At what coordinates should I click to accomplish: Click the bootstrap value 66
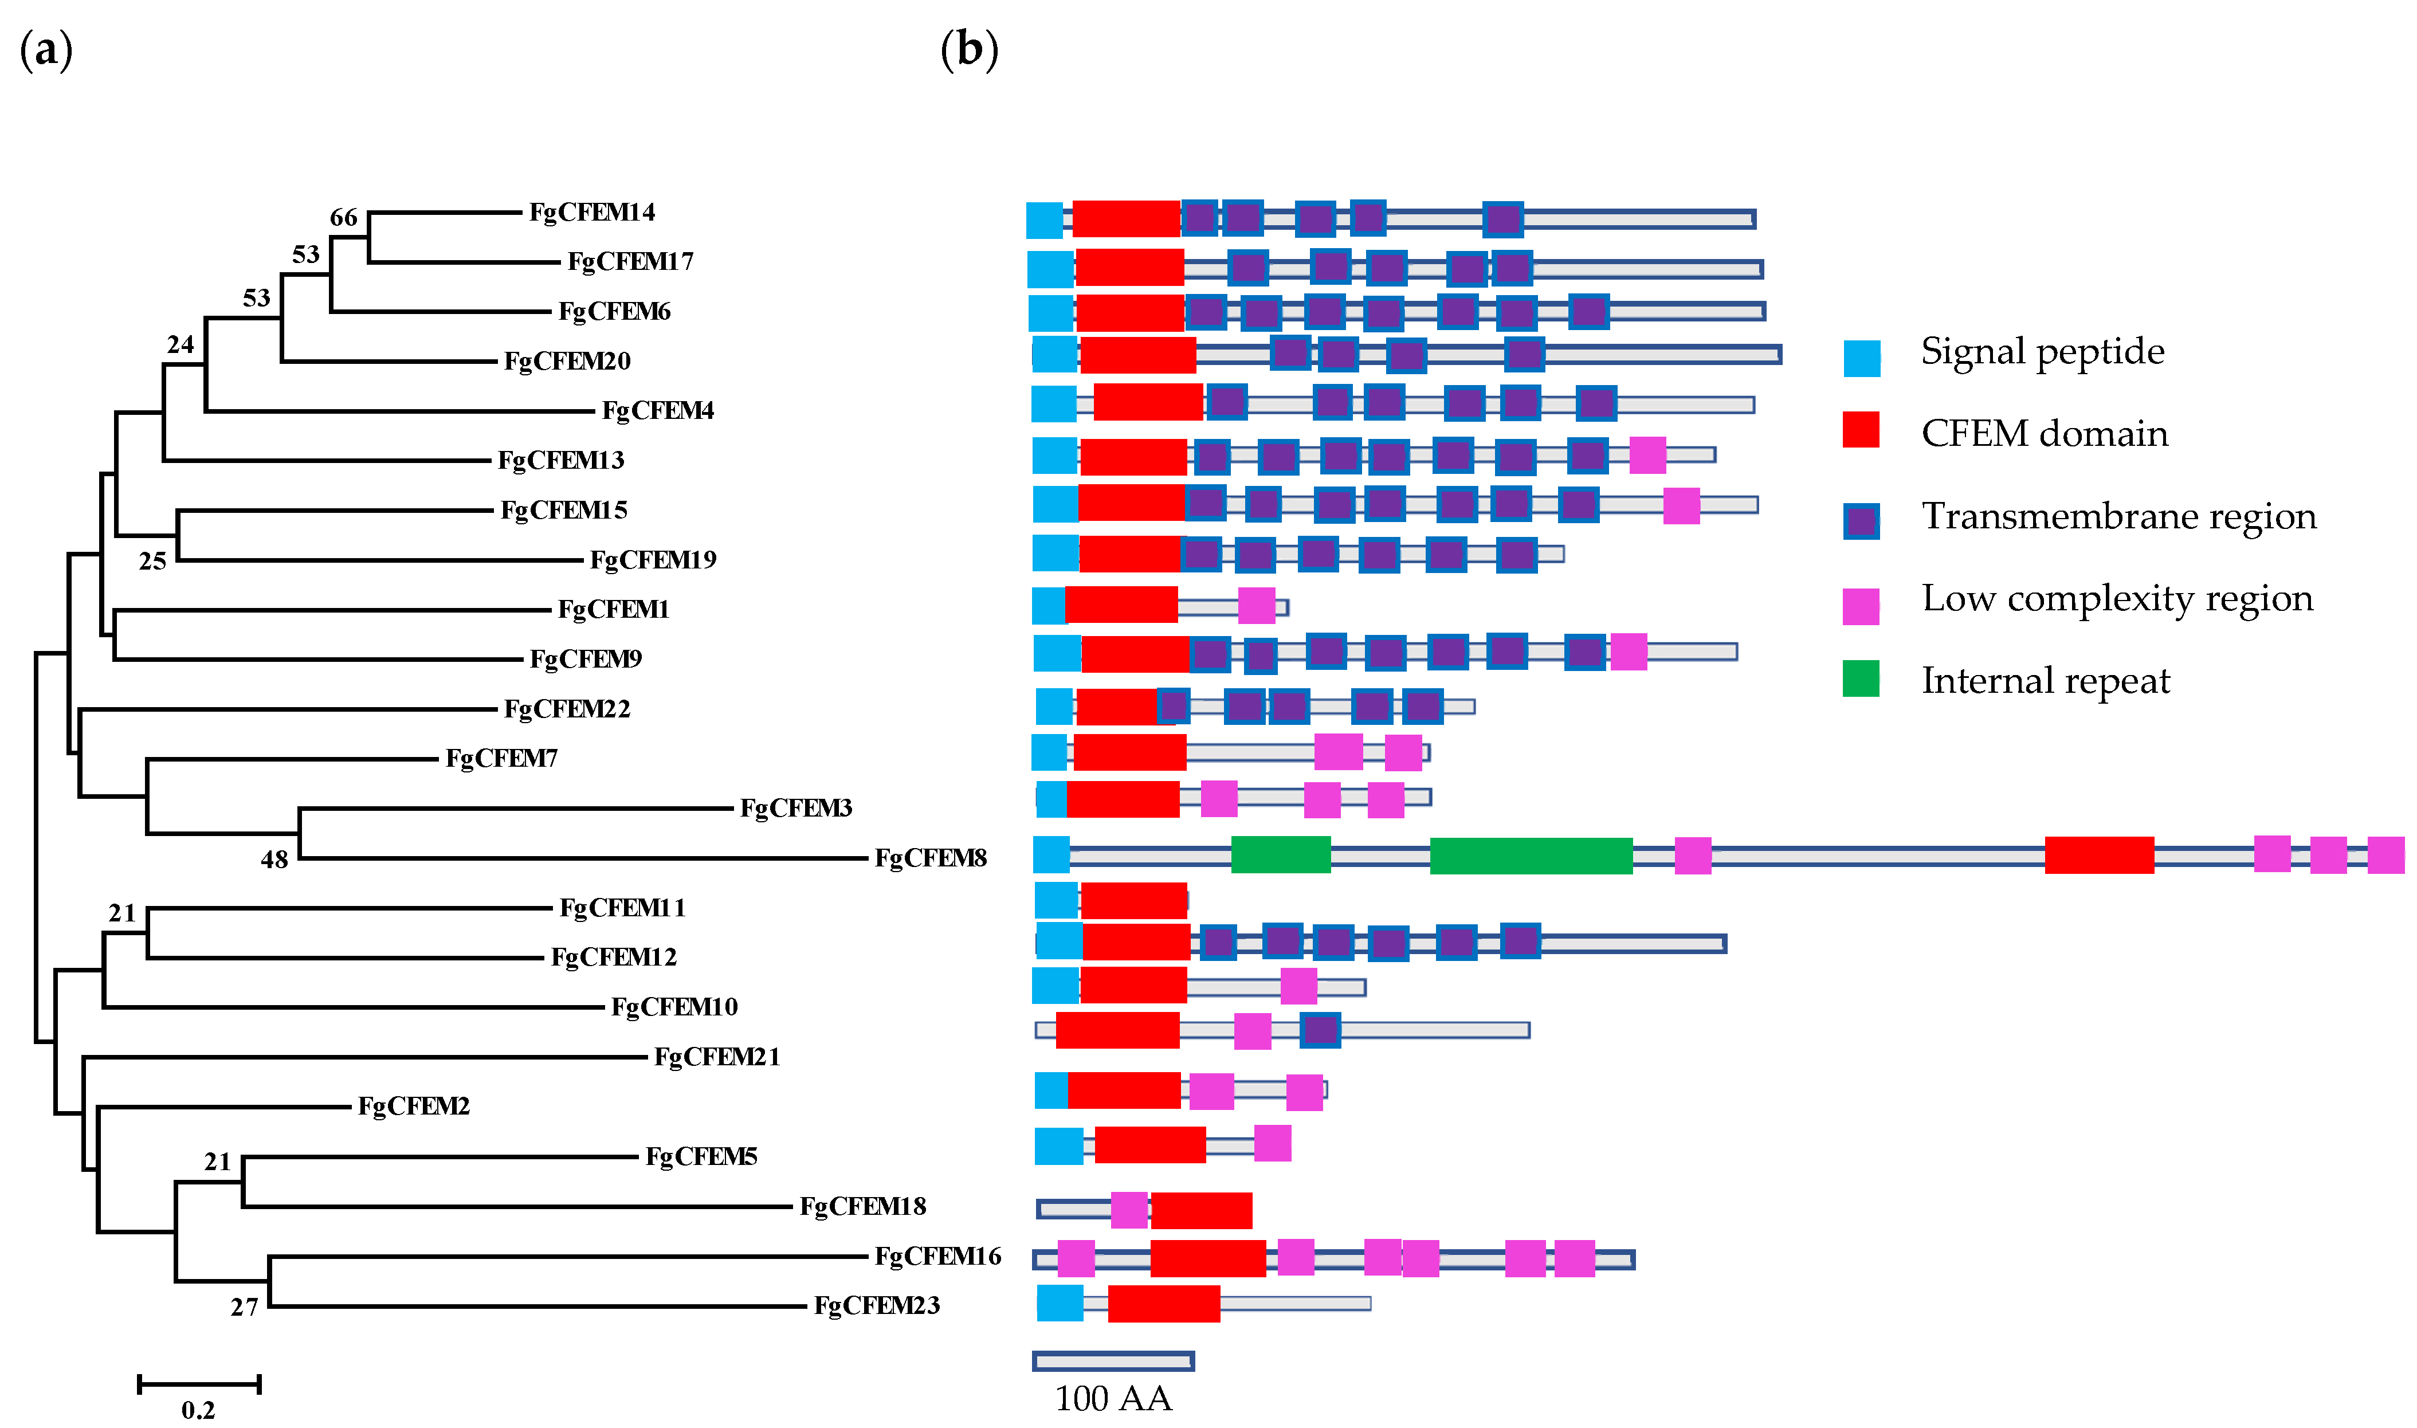point(343,218)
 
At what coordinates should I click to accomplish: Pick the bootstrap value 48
point(274,860)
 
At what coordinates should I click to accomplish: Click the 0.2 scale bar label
point(198,1410)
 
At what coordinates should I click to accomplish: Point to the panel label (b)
point(969,50)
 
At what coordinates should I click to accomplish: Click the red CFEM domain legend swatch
point(1861,430)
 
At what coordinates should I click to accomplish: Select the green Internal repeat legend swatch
point(1861,678)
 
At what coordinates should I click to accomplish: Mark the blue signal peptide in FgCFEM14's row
point(1044,221)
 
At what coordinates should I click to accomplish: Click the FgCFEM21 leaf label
point(717,1057)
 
